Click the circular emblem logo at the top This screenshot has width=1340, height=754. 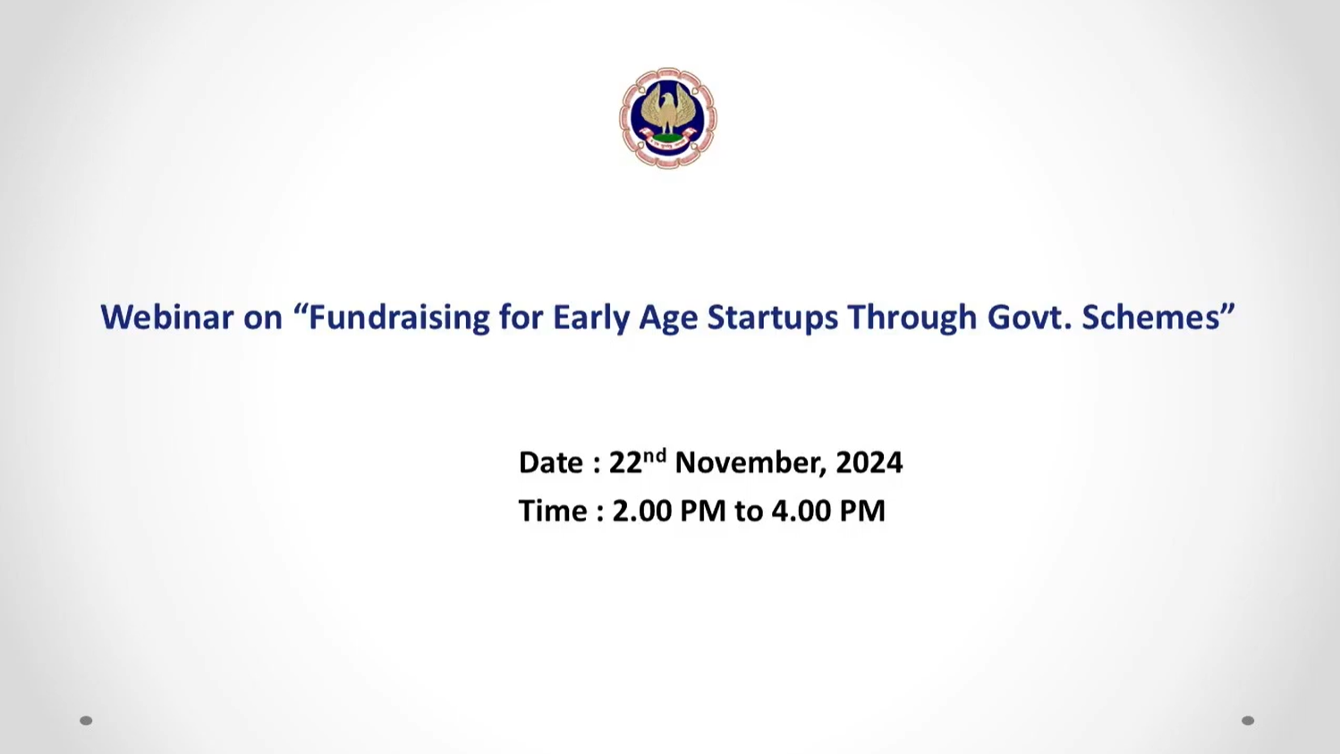click(x=667, y=118)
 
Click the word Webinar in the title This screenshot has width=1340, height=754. click(x=167, y=317)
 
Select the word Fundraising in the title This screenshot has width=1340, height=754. click(x=399, y=318)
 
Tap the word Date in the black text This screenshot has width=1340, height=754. click(x=551, y=462)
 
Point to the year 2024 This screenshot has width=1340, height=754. click(x=869, y=462)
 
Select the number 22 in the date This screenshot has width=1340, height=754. click(x=625, y=462)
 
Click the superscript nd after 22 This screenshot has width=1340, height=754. click(x=655, y=455)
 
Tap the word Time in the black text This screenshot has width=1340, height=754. click(x=553, y=512)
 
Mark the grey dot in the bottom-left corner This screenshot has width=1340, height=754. click(x=86, y=721)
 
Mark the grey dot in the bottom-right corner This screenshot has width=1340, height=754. click(x=1248, y=721)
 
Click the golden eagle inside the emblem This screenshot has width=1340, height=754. click(x=667, y=109)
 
